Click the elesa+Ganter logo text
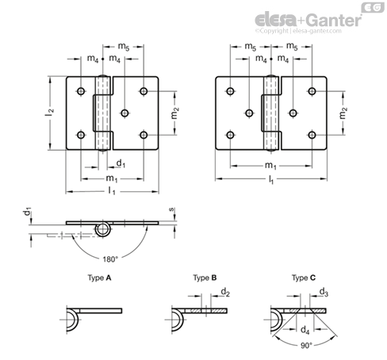(x=308, y=20)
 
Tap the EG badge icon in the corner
(x=373, y=7)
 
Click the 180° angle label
(x=109, y=259)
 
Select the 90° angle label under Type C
(x=306, y=346)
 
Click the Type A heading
(x=99, y=278)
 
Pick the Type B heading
(x=205, y=278)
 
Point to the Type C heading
(x=304, y=278)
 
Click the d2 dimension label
(x=225, y=293)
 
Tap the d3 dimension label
(x=324, y=293)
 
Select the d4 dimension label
(x=305, y=330)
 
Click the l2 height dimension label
(x=49, y=113)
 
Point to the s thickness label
(x=171, y=209)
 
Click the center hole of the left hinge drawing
(x=125, y=113)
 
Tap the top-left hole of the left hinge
(x=81, y=91)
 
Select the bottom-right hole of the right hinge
(x=312, y=135)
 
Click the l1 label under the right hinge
(x=271, y=180)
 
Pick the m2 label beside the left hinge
(x=175, y=113)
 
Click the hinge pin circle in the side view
(x=103, y=230)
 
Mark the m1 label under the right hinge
(x=270, y=166)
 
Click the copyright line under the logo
(x=298, y=31)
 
